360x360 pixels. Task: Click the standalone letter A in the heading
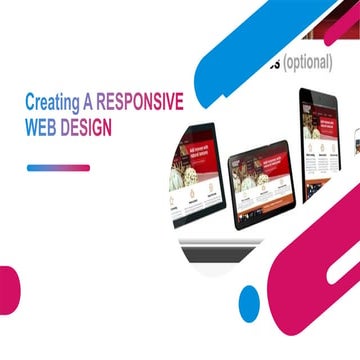pos(84,101)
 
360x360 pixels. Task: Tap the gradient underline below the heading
pos(58,167)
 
